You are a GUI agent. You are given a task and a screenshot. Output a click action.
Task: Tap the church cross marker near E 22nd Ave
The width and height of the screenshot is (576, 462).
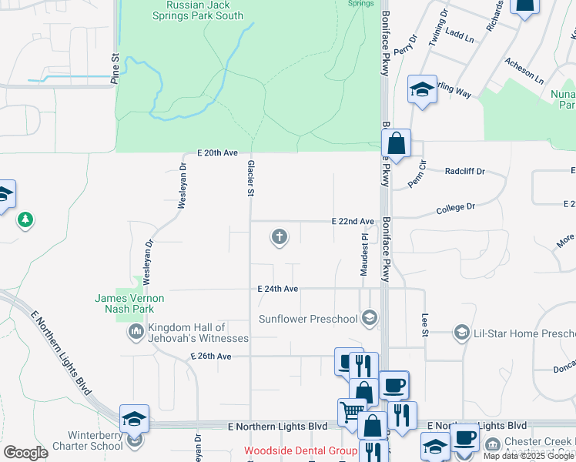[280, 237]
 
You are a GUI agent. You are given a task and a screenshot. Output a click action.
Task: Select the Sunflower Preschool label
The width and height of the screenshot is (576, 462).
[308, 319]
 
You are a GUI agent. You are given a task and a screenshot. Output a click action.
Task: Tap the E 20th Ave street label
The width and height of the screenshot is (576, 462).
[216, 153]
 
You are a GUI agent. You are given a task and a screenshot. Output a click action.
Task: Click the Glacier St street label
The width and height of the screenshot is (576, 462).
[251, 179]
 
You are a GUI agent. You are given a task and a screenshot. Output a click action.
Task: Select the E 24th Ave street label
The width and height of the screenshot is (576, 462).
[277, 289]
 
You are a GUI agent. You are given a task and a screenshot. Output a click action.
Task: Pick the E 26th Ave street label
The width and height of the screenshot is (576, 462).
[210, 357]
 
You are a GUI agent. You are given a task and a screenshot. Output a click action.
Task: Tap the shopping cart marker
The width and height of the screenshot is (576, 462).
[350, 411]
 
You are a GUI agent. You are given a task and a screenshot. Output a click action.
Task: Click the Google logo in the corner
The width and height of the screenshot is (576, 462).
[25, 453]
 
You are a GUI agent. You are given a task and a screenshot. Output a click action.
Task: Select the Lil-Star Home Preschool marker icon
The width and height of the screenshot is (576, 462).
[462, 333]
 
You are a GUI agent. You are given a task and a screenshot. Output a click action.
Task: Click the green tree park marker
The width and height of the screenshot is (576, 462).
[26, 221]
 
